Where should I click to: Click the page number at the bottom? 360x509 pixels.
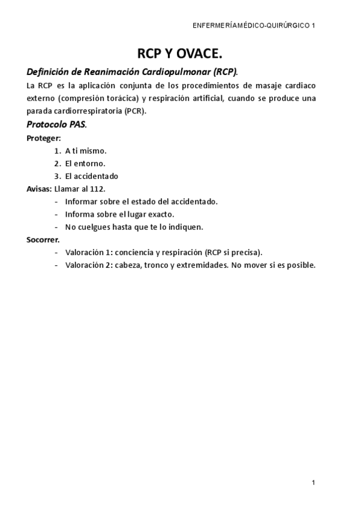coord(313,482)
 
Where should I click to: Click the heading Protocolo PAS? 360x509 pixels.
coord(56,125)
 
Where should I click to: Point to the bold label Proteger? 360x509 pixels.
coord(44,138)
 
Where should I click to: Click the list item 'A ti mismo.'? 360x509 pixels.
coord(86,151)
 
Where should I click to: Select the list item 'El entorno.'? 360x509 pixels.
coord(85,163)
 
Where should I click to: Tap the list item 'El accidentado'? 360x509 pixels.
coord(92,176)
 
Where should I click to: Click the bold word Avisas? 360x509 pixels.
coord(39,188)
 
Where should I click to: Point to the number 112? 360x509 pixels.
coord(97,188)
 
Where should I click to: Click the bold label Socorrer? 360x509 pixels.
coord(43,239)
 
